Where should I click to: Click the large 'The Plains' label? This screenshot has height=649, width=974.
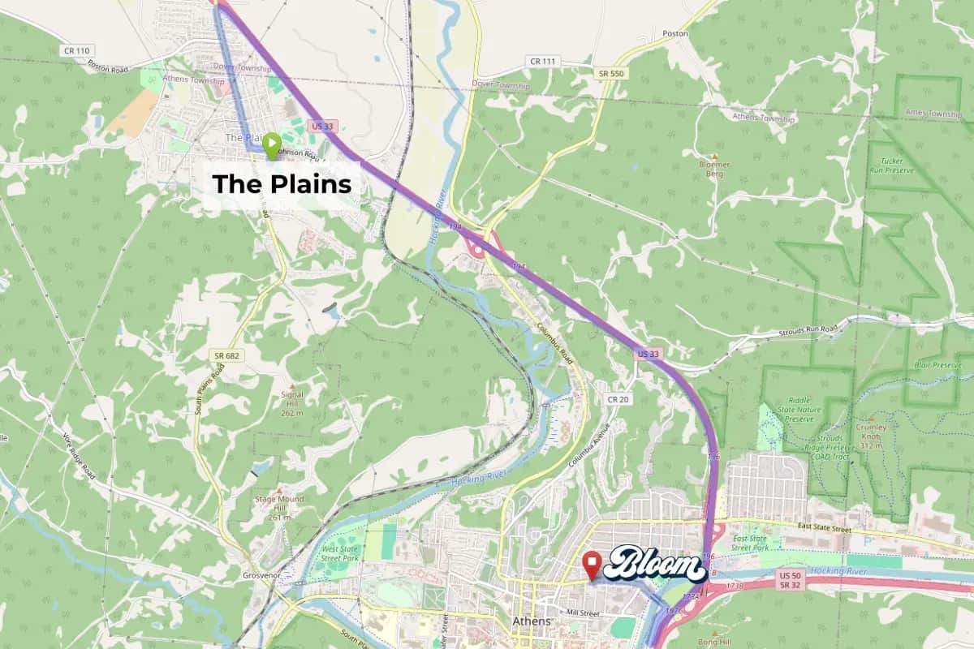tap(282, 185)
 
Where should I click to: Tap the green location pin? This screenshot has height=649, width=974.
tap(269, 145)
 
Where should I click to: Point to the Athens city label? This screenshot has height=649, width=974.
tap(531, 621)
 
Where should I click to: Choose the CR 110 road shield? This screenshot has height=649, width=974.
tap(72, 50)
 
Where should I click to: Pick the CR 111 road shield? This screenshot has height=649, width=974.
tap(543, 61)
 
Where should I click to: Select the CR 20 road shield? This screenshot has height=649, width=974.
tap(618, 399)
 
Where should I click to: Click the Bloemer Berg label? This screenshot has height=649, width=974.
tap(714, 169)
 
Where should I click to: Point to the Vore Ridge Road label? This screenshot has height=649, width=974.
tap(79, 456)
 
